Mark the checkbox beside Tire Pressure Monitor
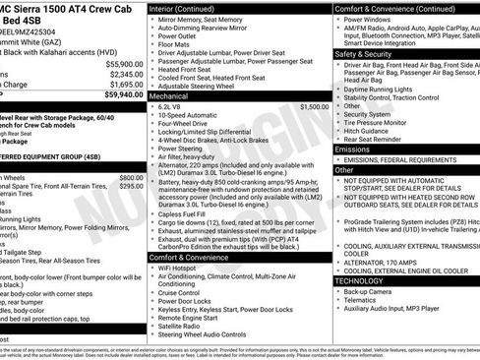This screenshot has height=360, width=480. [x=338, y=122]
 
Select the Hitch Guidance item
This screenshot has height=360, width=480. [x=370, y=130]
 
